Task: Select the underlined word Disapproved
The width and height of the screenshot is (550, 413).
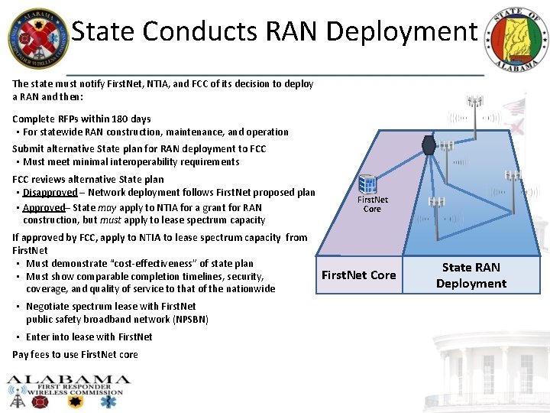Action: click(50, 192)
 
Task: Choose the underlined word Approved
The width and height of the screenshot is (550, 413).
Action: click(44, 207)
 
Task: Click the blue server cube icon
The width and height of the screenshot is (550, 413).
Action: click(368, 184)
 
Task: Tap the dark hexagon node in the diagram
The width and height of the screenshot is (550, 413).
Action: click(429, 145)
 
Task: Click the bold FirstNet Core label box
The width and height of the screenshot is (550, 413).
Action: click(359, 275)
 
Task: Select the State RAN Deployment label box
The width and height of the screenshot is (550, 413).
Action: click(471, 275)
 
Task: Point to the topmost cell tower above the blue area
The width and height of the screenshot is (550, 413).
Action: click(476, 102)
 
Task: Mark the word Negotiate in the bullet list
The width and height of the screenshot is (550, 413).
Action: click(50, 306)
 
